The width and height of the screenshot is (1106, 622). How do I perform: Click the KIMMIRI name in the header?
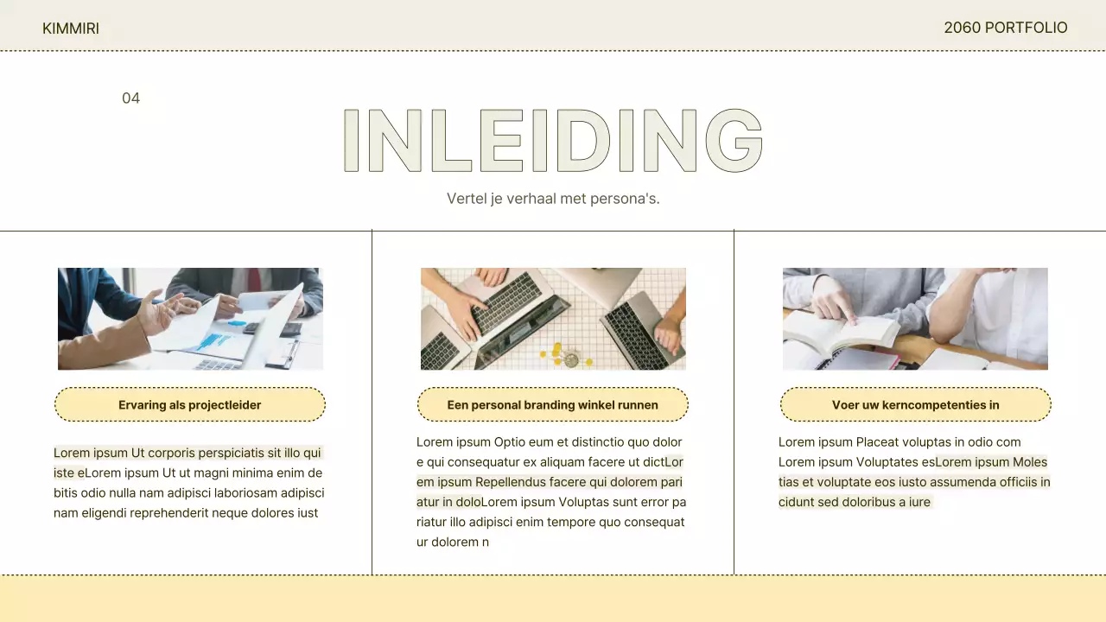71,29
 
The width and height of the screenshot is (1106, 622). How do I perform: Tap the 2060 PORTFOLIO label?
1006,28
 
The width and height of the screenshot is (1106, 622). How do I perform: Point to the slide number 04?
130,98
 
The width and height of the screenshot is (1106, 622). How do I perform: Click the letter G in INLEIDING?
734,140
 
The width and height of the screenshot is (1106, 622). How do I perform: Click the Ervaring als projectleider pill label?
189,405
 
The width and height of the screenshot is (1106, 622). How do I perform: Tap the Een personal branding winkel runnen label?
552,405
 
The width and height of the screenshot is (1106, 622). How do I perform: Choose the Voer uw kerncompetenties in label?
915,405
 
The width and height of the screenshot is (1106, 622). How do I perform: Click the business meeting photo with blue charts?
191,319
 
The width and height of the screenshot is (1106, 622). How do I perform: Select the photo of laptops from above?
553,319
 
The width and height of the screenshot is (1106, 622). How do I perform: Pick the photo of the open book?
915,319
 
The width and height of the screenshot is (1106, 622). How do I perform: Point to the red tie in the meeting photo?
254,279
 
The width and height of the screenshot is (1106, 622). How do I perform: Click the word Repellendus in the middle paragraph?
511,482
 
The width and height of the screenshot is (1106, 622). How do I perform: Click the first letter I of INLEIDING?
351,140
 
